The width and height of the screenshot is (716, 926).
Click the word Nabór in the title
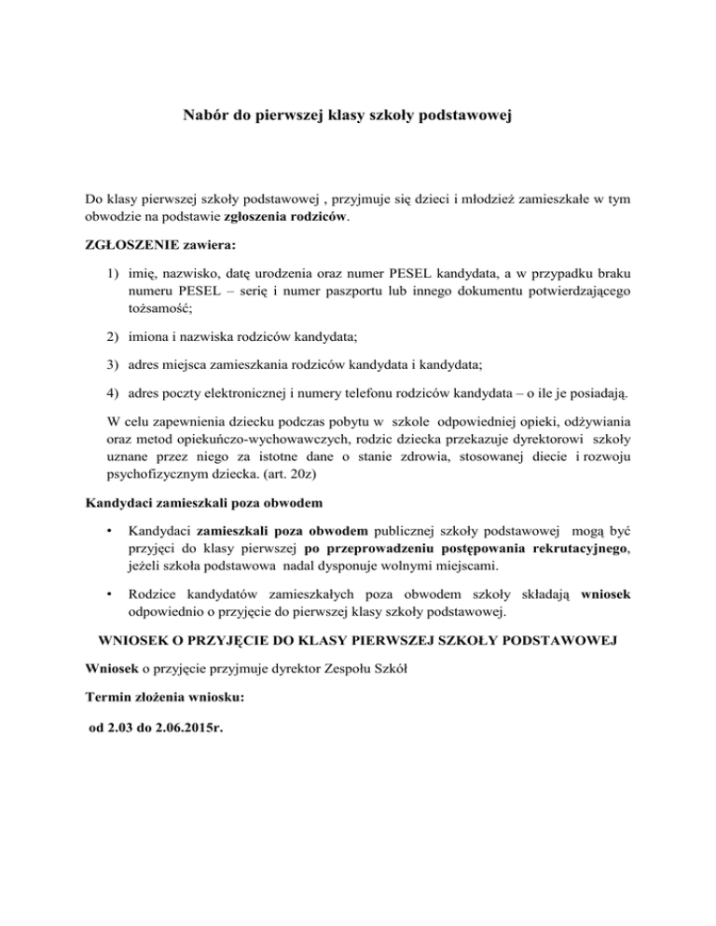(x=203, y=117)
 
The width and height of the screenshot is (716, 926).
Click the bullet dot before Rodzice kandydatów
(x=112, y=592)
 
